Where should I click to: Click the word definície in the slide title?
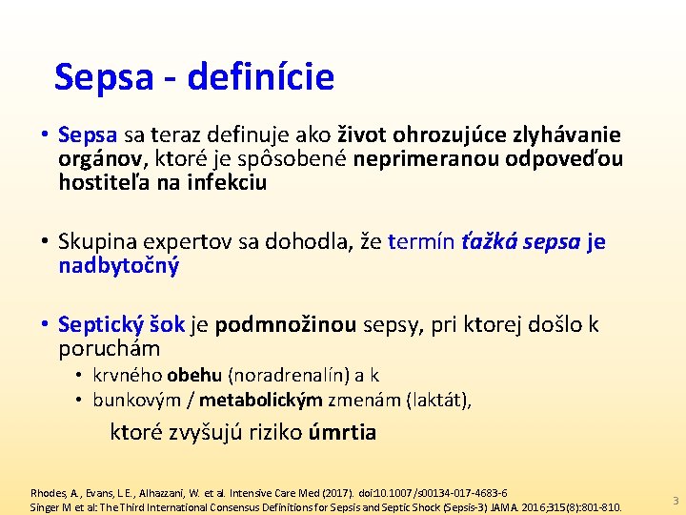[261, 77]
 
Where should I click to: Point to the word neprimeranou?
[414, 158]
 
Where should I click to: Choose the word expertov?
[203, 242]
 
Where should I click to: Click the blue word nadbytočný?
[118, 265]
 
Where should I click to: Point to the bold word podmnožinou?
[286, 325]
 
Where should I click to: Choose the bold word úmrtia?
[343, 433]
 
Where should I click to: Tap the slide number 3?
[675, 501]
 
